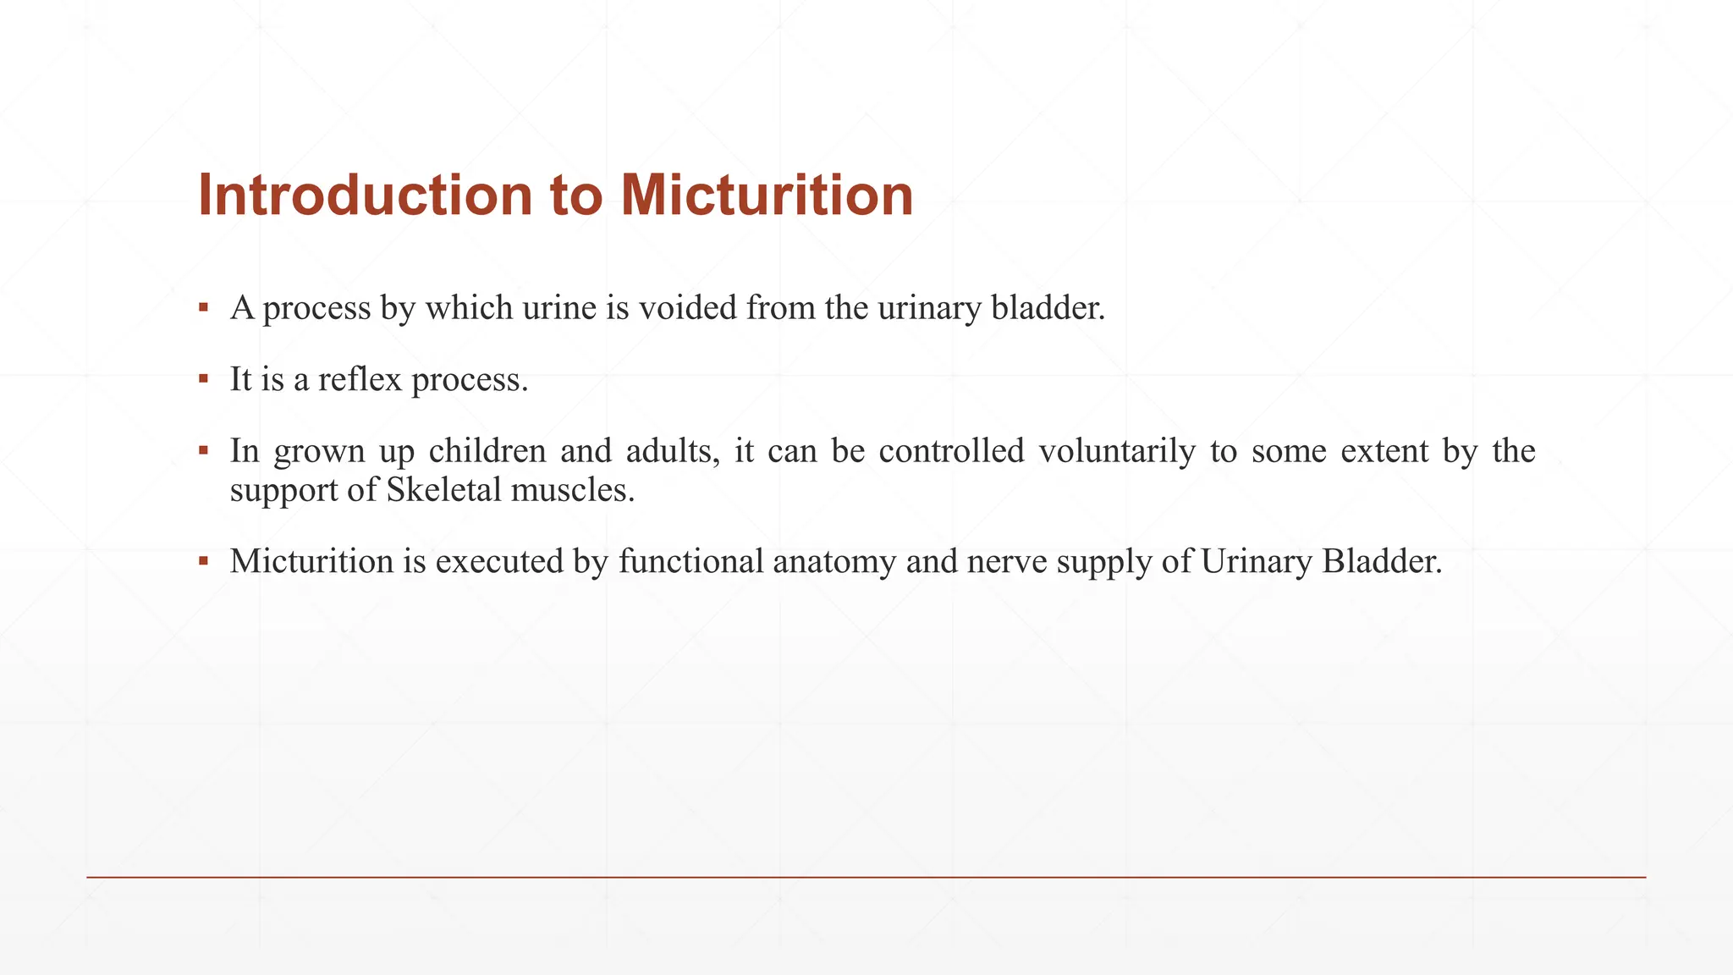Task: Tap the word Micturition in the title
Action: click(x=767, y=196)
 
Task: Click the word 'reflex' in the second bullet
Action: click(x=360, y=379)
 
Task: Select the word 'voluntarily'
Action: click(x=1116, y=451)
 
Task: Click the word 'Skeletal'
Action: click(x=444, y=490)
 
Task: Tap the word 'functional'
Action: click(x=690, y=561)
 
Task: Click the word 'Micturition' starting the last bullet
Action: click(x=312, y=561)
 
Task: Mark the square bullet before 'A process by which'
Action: click(x=203, y=306)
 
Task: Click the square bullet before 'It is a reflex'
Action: click(x=203, y=377)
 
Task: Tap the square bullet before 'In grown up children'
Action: click(x=203, y=449)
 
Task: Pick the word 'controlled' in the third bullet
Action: click(x=951, y=451)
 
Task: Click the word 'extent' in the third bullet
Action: click(x=1384, y=451)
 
